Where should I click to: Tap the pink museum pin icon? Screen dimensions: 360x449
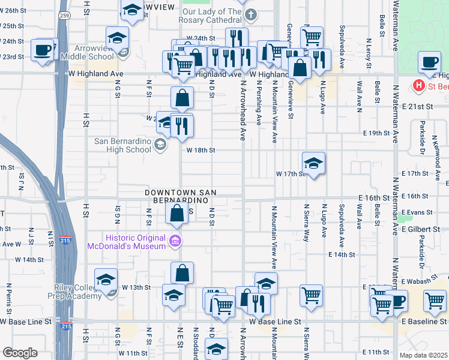[175, 242]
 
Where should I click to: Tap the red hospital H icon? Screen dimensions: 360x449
[420, 86]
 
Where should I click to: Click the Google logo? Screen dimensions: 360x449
[19, 353]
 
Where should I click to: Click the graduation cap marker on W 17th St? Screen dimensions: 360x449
[313, 163]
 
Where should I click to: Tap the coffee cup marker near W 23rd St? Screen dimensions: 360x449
[43, 50]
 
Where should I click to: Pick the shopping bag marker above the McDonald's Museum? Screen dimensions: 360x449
[176, 214]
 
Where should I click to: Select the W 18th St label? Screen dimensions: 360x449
[200, 151]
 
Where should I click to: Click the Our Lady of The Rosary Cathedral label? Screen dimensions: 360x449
[212, 16]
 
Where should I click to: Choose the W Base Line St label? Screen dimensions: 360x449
[275, 322]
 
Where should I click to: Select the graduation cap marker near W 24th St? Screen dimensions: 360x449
[117, 38]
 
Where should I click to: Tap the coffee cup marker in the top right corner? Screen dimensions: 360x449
[430, 62]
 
